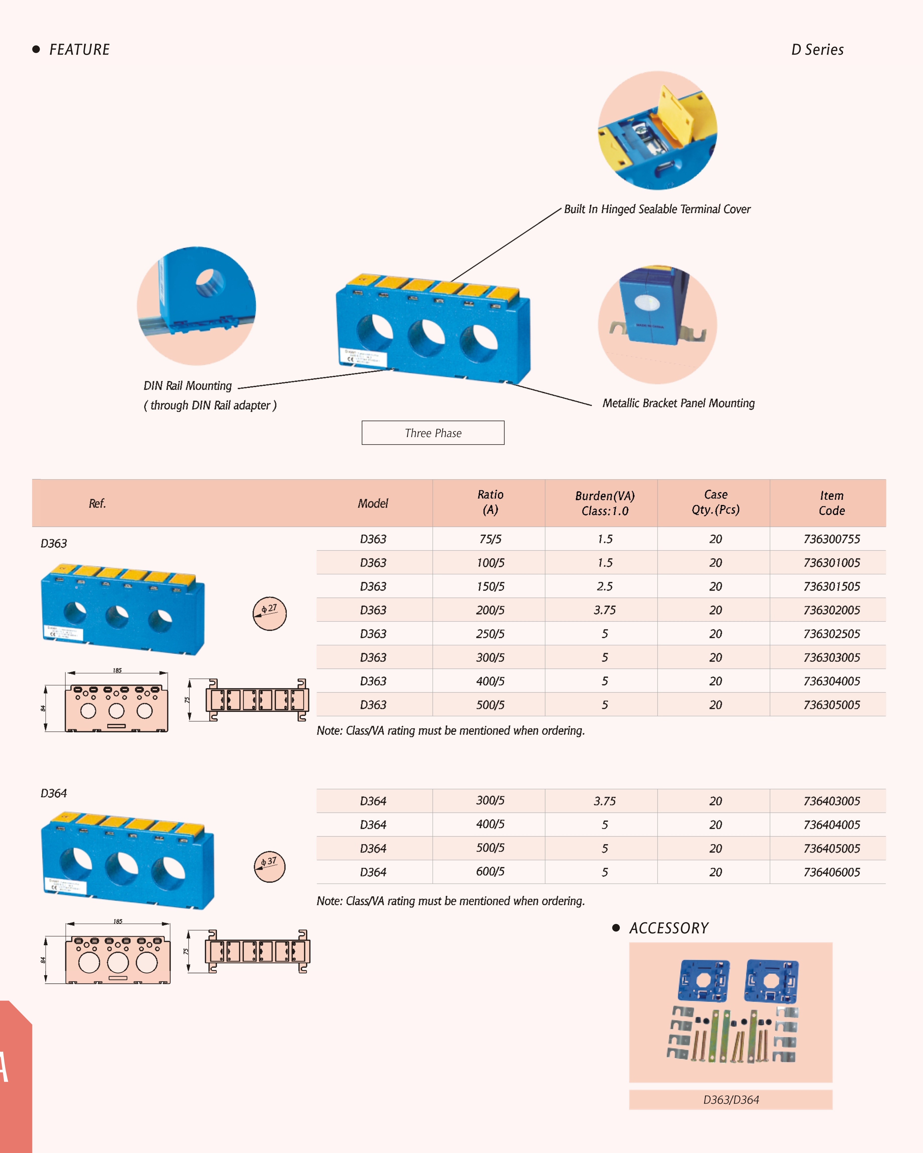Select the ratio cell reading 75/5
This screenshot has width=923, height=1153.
pyautogui.click(x=490, y=539)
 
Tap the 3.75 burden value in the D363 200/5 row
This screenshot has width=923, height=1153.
pyautogui.click(x=605, y=610)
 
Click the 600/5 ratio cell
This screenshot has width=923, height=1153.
pyautogui.click(x=490, y=872)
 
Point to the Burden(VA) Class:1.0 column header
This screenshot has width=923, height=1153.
pyautogui.click(x=605, y=503)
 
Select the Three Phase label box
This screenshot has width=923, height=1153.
pyautogui.click(x=433, y=433)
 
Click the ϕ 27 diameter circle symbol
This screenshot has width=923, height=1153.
pyautogui.click(x=269, y=613)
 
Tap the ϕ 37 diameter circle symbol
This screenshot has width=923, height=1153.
pyautogui.click(x=269, y=866)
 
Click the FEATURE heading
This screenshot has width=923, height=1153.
pyautogui.click(x=79, y=50)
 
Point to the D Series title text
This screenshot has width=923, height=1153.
pyautogui.click(x=817, y=50)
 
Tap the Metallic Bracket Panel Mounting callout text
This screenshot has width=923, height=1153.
pyautogui.click(x=679, y=403)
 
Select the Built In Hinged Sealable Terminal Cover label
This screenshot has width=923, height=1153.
pyautogui.click(x=657, y=209)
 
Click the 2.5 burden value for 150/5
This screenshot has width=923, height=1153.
pyautogui.click(x=605, y=587)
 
